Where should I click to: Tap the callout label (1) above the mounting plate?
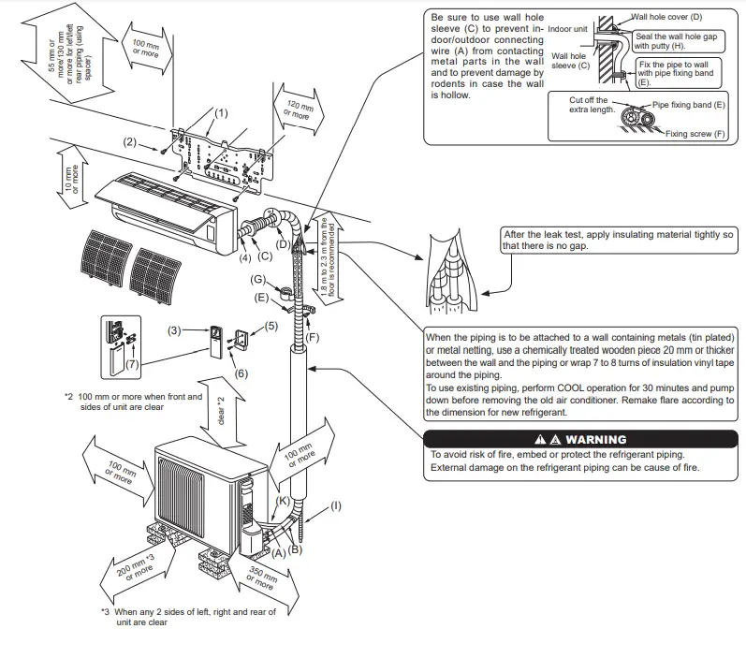pos(220,113)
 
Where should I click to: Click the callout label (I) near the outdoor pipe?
pos(336,506)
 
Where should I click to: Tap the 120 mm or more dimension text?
pos(297,110)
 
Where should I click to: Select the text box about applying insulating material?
pos(618,240)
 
